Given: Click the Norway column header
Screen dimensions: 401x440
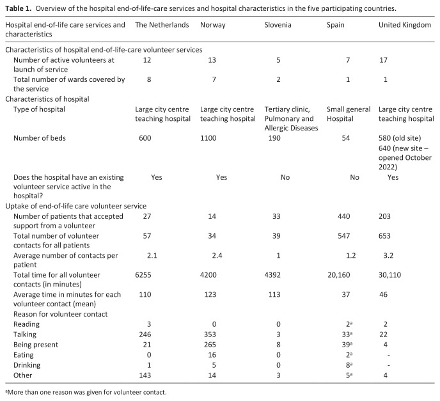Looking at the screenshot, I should point(212,24).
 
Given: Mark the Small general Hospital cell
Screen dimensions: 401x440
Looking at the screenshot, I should point(349,113).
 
